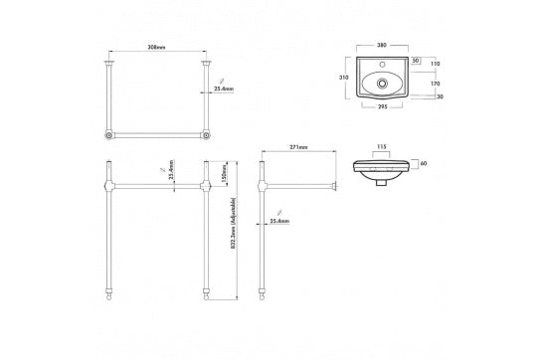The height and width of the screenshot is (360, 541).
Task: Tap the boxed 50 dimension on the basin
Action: pyautogui.click(x=416, y=62)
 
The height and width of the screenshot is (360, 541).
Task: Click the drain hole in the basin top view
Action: pyautogui.click(x=379, y=84)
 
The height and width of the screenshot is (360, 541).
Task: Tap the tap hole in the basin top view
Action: pyautogui.click(x=379, y=61)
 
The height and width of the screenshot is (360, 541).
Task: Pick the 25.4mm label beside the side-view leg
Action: pyautogui.click(x=278, y=222)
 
